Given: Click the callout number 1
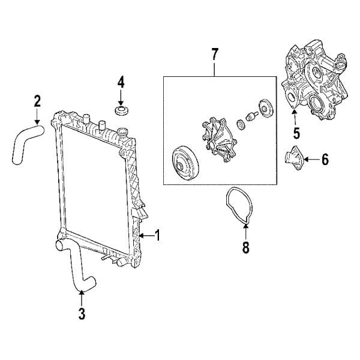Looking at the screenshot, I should pyautogui.click(x=158, y=236).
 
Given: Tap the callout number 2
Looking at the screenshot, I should pyautogui.click(x=37, y=101).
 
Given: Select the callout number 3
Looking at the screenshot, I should pyautogui.click(x=82, y=313).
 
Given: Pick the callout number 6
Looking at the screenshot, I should pyautogui.click(x=325, y=160).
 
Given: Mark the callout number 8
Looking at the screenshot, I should pyautogui.click(x=245, y=247).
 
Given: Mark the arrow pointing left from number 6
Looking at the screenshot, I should pyautogui.click(x=310, y=160).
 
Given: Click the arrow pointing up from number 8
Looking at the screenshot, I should pyautogui.click(x=245, y=232).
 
